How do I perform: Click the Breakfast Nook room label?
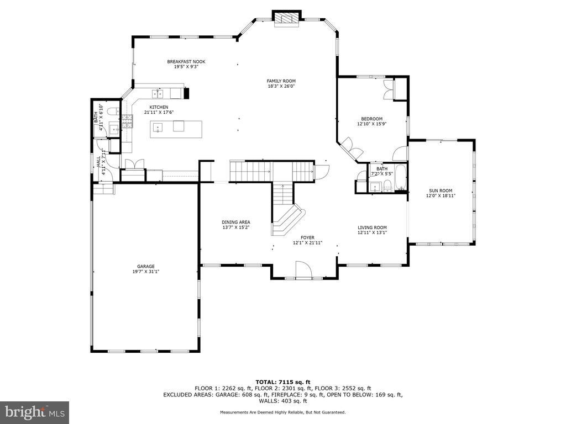pos(186,62)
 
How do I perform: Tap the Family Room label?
pos(281,81)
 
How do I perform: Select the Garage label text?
pos(146,267)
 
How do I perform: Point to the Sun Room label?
pos(441,190)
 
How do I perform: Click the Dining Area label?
pos(235,222)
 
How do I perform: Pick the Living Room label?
pos(372,227)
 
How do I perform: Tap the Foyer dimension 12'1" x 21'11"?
pos(307,243)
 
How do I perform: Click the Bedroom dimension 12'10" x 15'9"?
pos(372,124)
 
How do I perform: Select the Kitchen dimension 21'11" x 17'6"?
pos(159,112)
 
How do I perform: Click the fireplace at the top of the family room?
pos(287,19)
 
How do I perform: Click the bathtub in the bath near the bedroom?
pos(401,177)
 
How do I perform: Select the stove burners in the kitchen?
pos(128,121)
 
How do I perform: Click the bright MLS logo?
pos(35,412)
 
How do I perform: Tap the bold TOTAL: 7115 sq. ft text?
pos(283,382)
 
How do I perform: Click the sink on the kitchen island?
pos(158,128)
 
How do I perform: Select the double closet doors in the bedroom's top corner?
pos(389,89)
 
